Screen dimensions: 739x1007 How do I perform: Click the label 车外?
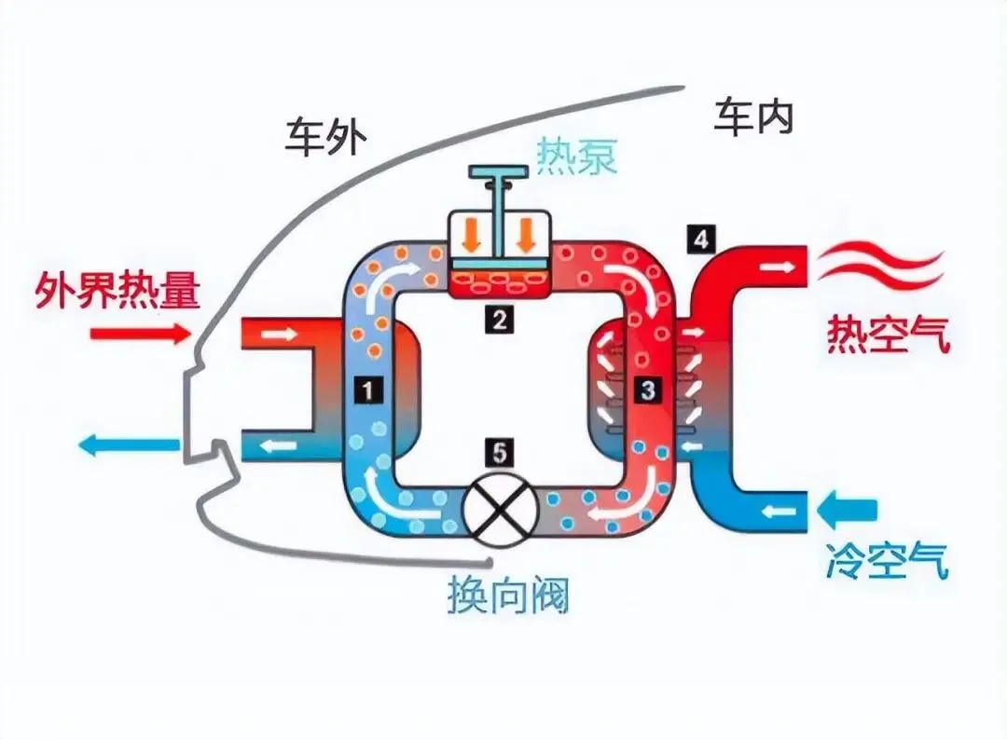[x=325, y=138]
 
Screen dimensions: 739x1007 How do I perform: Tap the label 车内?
[x=753, y=118]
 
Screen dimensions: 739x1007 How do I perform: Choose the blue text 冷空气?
[x=887, y=560]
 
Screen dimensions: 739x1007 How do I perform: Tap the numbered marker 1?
[x=370, y=392]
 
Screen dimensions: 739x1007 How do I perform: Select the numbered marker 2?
[x=501, y=321]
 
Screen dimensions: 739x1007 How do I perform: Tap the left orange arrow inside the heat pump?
[x=473, y=236]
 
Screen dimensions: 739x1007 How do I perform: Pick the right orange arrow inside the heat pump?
[x=529, y=236]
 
